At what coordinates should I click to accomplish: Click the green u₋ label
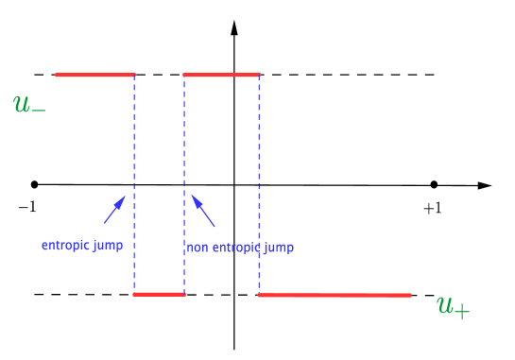point(29,103)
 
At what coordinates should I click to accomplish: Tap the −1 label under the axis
point(26,206)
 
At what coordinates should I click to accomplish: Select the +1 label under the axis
point(432,208)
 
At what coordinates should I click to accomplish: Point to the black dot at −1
point(35,183)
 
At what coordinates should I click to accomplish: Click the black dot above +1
point(434,184)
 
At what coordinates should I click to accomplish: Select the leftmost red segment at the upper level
point(94,74)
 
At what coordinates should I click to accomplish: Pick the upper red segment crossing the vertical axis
point(221,74)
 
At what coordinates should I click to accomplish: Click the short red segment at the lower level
point(159,295)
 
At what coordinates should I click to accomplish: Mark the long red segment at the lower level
point(335,296)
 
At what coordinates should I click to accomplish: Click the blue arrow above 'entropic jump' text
point(113,210)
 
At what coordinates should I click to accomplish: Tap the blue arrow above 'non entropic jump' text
point(203,211)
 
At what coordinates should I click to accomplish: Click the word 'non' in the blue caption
point(197,248)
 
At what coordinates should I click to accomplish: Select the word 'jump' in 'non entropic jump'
point(278,248)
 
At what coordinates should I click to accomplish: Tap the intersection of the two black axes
point(234,184)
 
